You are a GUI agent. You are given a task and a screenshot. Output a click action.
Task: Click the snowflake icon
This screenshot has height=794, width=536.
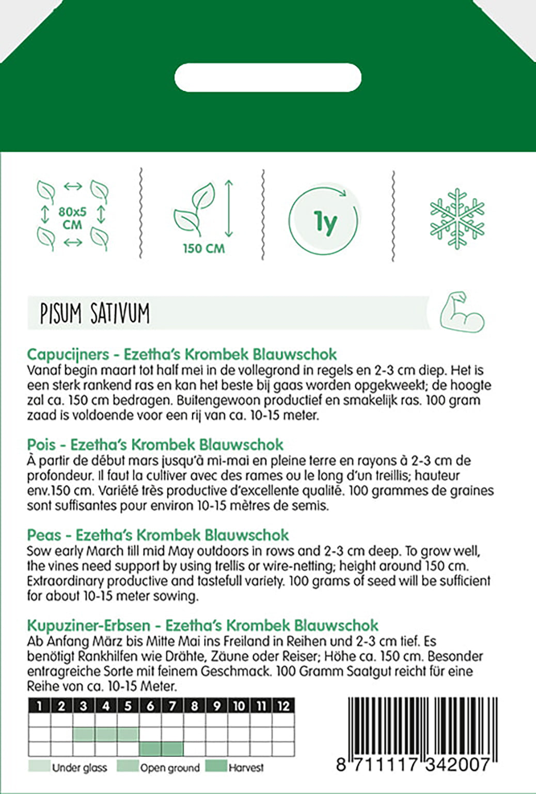(x=457, y=218)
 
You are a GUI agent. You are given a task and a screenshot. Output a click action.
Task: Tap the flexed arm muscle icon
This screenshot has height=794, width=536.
(x=462, y=312)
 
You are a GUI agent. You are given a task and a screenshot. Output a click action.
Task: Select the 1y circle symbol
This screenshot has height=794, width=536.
(x=324, y=221)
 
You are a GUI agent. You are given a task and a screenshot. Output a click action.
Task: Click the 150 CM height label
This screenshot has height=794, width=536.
(x=204, y=248)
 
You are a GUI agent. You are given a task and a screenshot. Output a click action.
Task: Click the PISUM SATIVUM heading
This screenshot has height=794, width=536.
(x=95, y=313)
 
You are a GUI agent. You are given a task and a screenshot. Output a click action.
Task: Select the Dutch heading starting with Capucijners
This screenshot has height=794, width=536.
(x=182, y=354)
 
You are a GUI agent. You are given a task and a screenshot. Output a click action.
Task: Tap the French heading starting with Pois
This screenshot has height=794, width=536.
(x=155, y=444)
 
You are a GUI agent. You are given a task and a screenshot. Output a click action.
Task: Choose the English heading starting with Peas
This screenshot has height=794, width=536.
(x=157, y=535)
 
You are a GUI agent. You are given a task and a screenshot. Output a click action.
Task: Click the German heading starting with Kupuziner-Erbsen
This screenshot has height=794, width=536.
(x=202, y=625)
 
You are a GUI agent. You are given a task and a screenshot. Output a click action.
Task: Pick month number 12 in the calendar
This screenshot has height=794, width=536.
(x=283, y=706)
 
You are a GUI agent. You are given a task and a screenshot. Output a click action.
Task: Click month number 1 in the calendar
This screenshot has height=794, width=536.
(x=40, y=706)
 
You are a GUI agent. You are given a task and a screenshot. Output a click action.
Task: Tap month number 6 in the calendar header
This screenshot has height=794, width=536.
(x=150, y=706)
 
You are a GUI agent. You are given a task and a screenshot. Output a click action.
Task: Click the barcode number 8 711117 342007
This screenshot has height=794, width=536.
(x=413, y=764)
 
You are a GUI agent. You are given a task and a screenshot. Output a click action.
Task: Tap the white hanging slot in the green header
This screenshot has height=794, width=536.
(x=267, y=78)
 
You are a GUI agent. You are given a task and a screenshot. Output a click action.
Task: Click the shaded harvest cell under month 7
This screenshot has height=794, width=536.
(x=172, y=749)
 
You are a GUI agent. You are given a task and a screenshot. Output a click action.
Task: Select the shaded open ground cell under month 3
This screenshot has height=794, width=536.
(x=84, y=734)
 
